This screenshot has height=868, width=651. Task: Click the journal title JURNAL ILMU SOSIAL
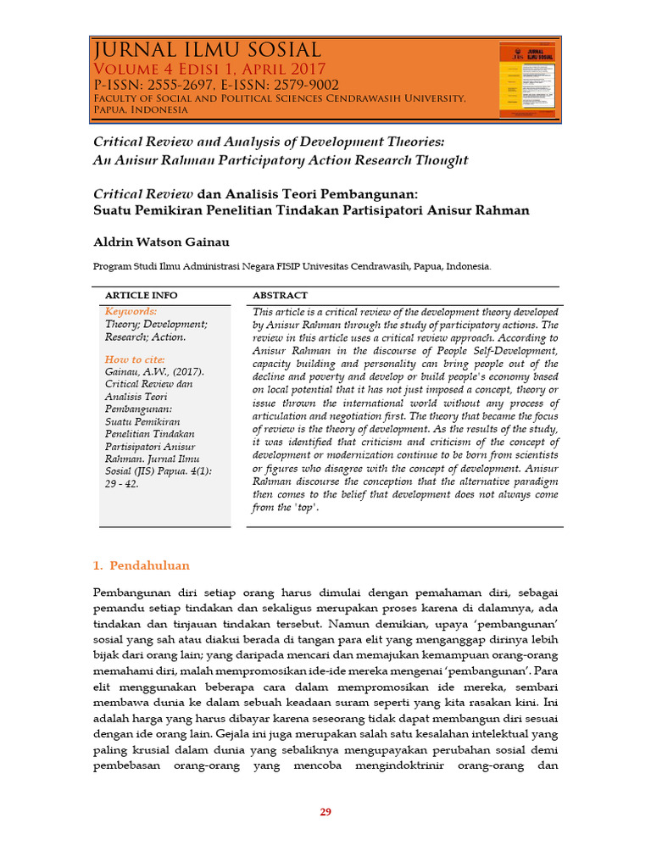207,51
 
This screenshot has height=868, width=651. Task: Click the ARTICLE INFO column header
141,295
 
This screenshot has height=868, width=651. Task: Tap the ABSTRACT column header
281,295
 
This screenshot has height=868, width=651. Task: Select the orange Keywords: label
131,312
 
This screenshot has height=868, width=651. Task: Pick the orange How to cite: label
135,359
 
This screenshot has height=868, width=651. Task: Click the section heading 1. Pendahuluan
141,565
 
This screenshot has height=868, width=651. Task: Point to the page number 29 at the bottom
325,812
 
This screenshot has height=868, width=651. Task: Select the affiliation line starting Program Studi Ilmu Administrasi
292,266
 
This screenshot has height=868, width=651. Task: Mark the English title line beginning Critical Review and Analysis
268,139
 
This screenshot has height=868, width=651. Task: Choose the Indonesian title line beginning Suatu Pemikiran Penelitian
310,210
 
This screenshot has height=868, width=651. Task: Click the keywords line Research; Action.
145,337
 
